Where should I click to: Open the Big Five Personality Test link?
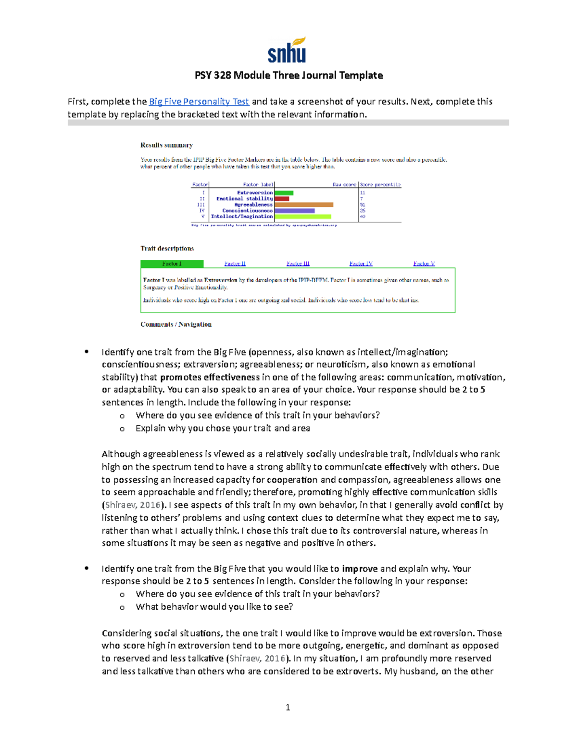click(x=199, y=101)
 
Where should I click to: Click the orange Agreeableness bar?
click(x=303, y=204)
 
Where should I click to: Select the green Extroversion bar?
click(x=284, y=193)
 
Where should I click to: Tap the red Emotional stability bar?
click(x=282, y=199)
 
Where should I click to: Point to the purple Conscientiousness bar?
click(x=294, y=211)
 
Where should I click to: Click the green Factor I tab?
click(x=172, y=264)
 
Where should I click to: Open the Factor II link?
click(x=235, y=264)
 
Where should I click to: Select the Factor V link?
click(x=424, y=264)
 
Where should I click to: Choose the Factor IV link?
click(x=361, y=264)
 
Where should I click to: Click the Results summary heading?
click(x=166, y=145)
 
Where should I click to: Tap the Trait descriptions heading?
click(x=167, y=249)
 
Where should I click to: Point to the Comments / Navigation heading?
click(x=176, y=325)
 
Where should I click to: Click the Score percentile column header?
click(x=380, y=185)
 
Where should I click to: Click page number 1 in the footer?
click(x=288, y=707)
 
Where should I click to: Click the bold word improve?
click(x=359, y=569)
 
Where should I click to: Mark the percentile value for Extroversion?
click(x=363, y=193)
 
